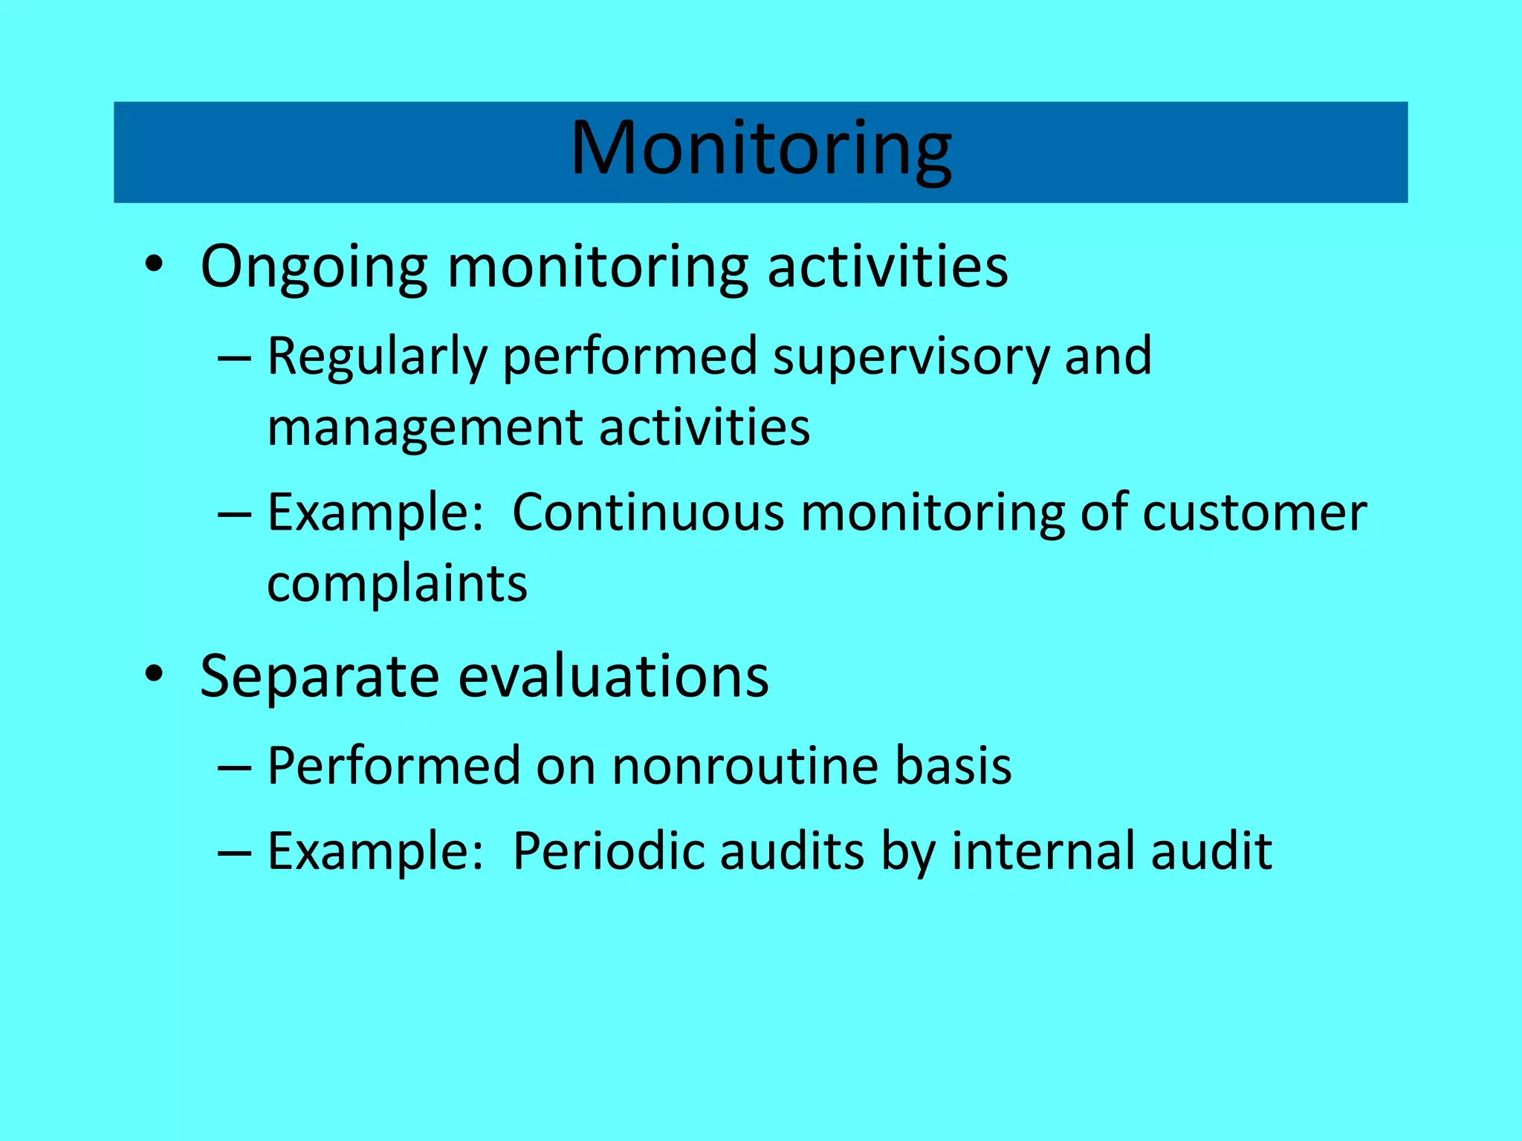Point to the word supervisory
click(x=911, y=357)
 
